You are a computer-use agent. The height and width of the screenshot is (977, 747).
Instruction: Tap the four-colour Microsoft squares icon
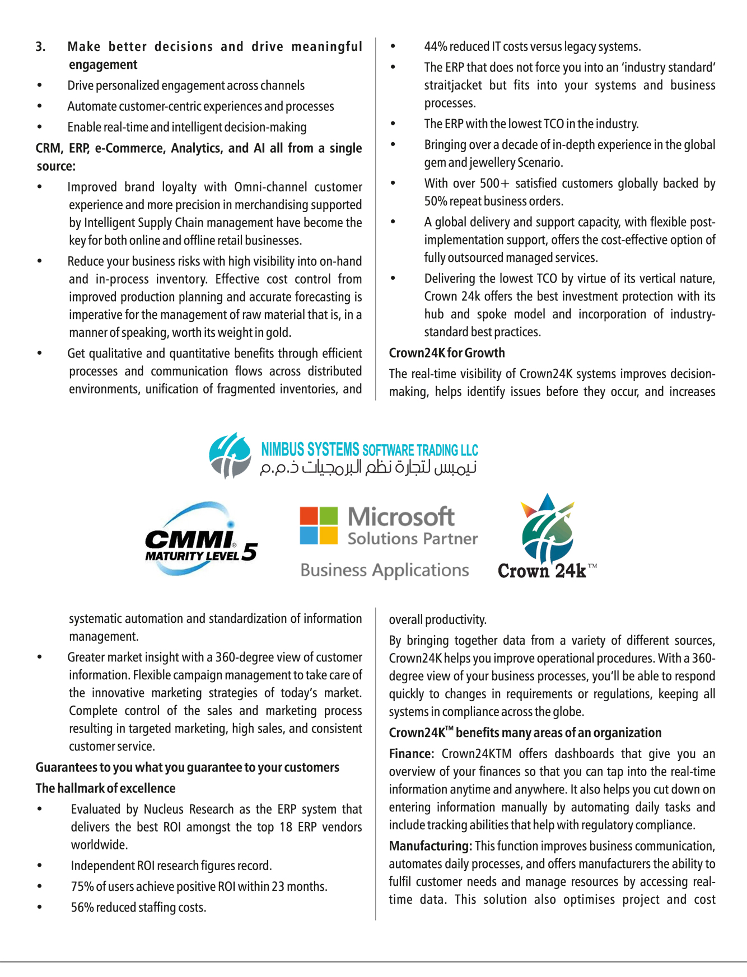tap(319, 525)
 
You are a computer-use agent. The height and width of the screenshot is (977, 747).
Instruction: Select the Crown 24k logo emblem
tap(548, 529)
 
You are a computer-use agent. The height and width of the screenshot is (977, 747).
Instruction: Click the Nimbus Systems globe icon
tap(230, 455)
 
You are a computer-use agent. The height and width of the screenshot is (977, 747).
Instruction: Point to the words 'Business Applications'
tap(384, 570)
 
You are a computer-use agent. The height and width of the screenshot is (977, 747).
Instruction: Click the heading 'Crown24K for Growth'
tap(447, 353)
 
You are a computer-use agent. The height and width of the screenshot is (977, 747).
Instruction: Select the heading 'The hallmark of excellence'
tap(105, 788)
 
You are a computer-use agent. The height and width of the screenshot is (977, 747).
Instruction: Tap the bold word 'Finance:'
tap(412, 754)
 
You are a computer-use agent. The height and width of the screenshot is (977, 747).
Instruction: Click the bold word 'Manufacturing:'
tap(430, 846)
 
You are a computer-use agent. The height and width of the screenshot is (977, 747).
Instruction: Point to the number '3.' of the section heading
tap(41, 46)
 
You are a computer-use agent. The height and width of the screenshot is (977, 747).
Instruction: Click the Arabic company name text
tap(368, 468)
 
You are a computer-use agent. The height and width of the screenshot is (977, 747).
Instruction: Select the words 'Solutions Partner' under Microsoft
tap(412, 538)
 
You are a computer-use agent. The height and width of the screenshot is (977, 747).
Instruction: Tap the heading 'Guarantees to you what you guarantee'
tap(187, 767)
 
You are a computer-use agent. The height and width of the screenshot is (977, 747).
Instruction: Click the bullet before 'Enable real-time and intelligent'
tap(39, 127)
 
